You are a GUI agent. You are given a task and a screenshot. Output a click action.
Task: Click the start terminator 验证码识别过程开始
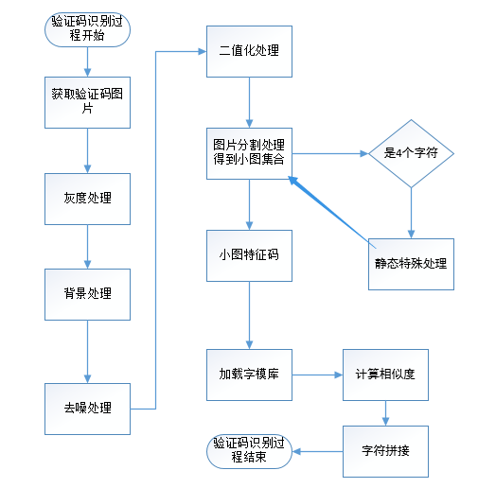coord(87,29)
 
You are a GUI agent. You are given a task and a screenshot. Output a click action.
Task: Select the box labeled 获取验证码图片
coord(87,102)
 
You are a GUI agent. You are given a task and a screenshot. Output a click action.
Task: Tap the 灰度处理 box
coord(87,199)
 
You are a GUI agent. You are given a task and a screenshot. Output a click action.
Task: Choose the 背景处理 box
coord(87,294)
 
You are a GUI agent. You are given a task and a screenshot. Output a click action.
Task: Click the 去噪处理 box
coord(87,409)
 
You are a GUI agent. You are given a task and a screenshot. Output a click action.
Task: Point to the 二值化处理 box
coord(249,51)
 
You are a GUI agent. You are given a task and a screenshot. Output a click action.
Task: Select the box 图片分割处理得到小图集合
coord(249,153)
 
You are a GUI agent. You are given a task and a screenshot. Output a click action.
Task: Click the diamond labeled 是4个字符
coord(411,153)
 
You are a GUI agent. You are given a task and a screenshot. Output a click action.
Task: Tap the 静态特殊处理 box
coord(411,264)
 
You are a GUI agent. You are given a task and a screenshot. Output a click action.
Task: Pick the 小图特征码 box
coord(249,255)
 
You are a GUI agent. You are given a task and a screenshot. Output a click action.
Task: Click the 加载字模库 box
coord(249,375)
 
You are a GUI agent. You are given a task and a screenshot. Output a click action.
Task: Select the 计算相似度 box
coord(385,375)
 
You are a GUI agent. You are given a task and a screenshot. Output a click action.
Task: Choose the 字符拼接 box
coord(385,451)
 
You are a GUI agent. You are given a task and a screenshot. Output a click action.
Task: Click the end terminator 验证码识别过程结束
coord(249,451)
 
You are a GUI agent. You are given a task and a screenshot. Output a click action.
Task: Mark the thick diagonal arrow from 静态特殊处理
coord(332,212)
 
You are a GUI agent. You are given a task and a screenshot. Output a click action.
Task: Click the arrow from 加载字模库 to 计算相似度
coord(317,375)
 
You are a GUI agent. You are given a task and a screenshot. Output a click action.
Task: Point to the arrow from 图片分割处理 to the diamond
coord(330,153)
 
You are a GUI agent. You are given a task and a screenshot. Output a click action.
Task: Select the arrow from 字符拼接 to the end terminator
coord(317,451)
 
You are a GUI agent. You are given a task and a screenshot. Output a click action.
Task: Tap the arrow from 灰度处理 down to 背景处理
coord(87,247)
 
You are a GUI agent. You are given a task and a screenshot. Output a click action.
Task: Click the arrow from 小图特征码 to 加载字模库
coord(249,315)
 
